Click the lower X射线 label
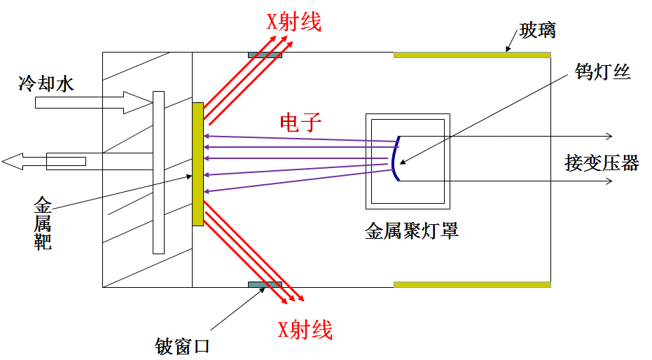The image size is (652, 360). (x=305, y=330)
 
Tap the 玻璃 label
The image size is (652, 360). (x=538, y=31)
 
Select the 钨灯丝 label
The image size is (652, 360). (x=602, y=71)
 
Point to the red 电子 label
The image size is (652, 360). (x=300, y=123)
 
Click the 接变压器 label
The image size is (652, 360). (x=602, y=163)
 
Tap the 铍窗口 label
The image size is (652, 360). (x=182, y=345)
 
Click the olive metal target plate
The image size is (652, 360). (x=197, y=164)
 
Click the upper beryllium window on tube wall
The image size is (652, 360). (x=265, y=55)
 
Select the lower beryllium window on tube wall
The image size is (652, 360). (x=265, y=284)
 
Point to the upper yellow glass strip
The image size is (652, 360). (x=473, y=55)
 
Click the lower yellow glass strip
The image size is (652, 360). (x=473, y=284)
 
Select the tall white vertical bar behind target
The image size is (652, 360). (x=158, y=172)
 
